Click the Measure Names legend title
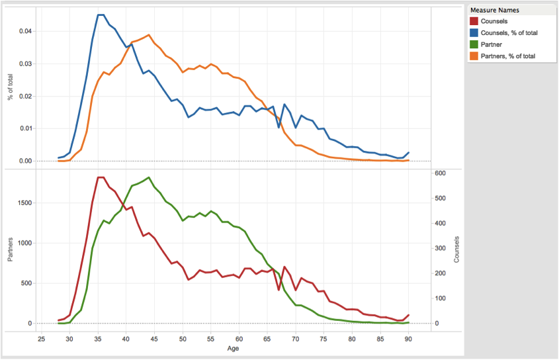[x=494, y=11]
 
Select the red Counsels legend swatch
[x=474, y=22]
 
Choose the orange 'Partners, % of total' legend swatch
[x=474, y=58]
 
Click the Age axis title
[x=233, y=348]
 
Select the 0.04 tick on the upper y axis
[x=24, y=31]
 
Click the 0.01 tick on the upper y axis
[x=24, y=128]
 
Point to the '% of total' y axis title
[x=11, y=87]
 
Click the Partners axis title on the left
[x=11, y=250]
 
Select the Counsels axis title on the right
[x=456, y=250]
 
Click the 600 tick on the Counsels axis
[x=440, y=173]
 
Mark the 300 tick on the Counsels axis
[x=440, y=248]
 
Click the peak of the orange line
[x=149, y=34]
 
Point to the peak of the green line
[x=149, y=177]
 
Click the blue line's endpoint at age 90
[x=409, y=153]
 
